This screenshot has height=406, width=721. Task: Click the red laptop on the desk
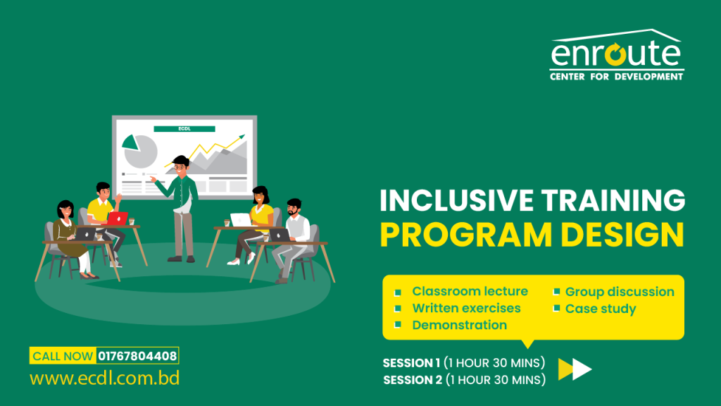tap(117, 219)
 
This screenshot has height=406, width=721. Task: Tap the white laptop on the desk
tap(241, 219)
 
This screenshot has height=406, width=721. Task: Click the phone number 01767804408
tap(138, 356)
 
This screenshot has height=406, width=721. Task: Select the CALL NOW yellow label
tap(63, 356)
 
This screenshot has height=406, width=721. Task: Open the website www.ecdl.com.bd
tap(104, 379)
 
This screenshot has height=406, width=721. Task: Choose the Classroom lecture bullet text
tap(470, 291)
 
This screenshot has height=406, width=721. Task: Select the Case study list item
tap(601, 309)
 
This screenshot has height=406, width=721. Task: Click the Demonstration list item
tap(459, 325)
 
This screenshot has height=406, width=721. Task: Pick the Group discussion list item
tap(620, 291)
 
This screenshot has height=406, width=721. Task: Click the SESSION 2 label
tap(412, 380)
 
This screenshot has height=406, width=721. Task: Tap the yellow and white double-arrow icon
tap(575, 369)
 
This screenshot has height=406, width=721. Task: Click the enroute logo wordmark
tap(616, 55)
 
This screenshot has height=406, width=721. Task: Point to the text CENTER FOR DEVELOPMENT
tap(616, 76)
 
